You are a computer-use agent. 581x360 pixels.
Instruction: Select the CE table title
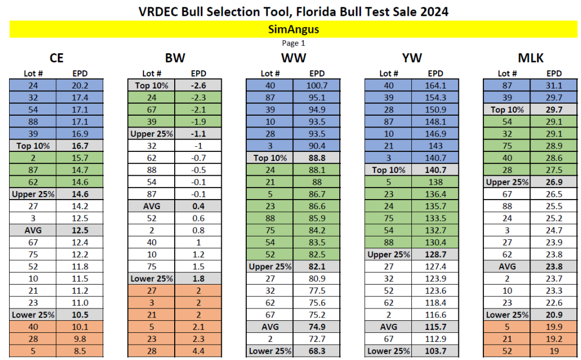pyautogui.click(x=56, y=57)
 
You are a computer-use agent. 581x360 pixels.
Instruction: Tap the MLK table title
pyautogui.click(x=530, y=57)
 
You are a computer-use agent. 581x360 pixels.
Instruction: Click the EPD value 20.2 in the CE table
pyautogui.click(x=80, y=85)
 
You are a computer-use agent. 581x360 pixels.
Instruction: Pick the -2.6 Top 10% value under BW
pyautogui.click(x=198, y=85)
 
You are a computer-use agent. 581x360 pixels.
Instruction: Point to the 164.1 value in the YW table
pyautogui.click(x=435, y=85)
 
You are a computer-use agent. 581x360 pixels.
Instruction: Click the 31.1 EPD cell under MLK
pyautogui.click(x=553, y=85)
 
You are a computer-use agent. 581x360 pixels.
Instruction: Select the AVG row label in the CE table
pyautogui.click(x=33, y=230)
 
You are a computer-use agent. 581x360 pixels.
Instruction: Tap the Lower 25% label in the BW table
pyautogui.click(x=151, y=278)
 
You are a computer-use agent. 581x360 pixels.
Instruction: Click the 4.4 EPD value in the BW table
pyautogui.click(x=198, y=351)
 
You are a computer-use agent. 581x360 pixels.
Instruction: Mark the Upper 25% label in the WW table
pyautogui.click(x=270, y=266)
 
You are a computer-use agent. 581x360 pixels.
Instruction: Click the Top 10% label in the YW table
pyautogui.click(x=388, y=170)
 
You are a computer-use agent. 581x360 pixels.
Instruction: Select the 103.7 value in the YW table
pyautogui.click(x=435, y=351)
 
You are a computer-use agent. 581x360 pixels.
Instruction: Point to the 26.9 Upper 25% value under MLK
pyautogui.click(x=553, y=182)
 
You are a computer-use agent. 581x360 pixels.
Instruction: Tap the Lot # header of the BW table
pyautogui.click(x=151, y=73)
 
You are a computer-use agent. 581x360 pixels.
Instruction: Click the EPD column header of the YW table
pyautogui.click(x=435, y=73)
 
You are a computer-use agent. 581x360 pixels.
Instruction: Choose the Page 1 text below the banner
pyautogui.click(x=293, y=43)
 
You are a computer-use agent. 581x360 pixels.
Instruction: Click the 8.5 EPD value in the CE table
pyautogui.click(x=80, y=351)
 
